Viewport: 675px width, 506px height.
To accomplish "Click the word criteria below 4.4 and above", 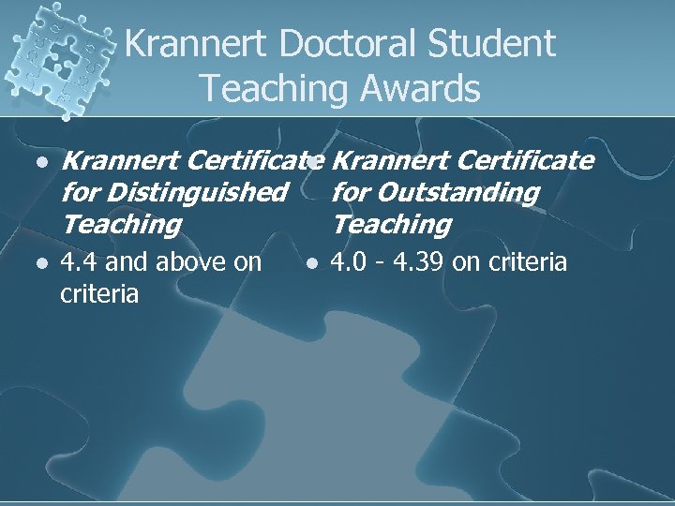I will (98, 294).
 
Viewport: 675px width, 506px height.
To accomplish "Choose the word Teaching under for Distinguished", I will (120, 225).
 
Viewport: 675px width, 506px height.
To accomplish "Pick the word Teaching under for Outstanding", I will (391, 225).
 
